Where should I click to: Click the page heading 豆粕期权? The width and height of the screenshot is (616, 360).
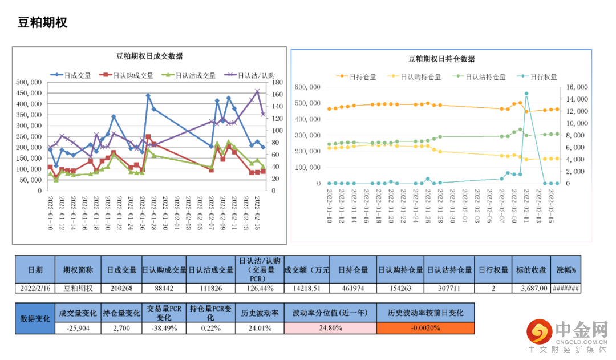coord(43,23)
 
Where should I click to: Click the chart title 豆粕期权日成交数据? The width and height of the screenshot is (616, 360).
coord(149,56)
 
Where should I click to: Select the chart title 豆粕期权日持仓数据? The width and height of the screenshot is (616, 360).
coord(441,59)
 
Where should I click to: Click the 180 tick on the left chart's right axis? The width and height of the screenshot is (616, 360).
coord(278,82)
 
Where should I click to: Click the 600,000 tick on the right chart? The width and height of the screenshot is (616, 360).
coord(307,87)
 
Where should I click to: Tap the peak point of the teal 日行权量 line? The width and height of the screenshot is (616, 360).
coord(526,93)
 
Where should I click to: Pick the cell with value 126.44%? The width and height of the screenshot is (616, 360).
coord(258,289)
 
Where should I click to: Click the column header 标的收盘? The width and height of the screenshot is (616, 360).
coord(531,270)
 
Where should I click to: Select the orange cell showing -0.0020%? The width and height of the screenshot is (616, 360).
coord(425,328)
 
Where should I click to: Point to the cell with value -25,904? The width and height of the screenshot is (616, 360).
coord(78,328)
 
